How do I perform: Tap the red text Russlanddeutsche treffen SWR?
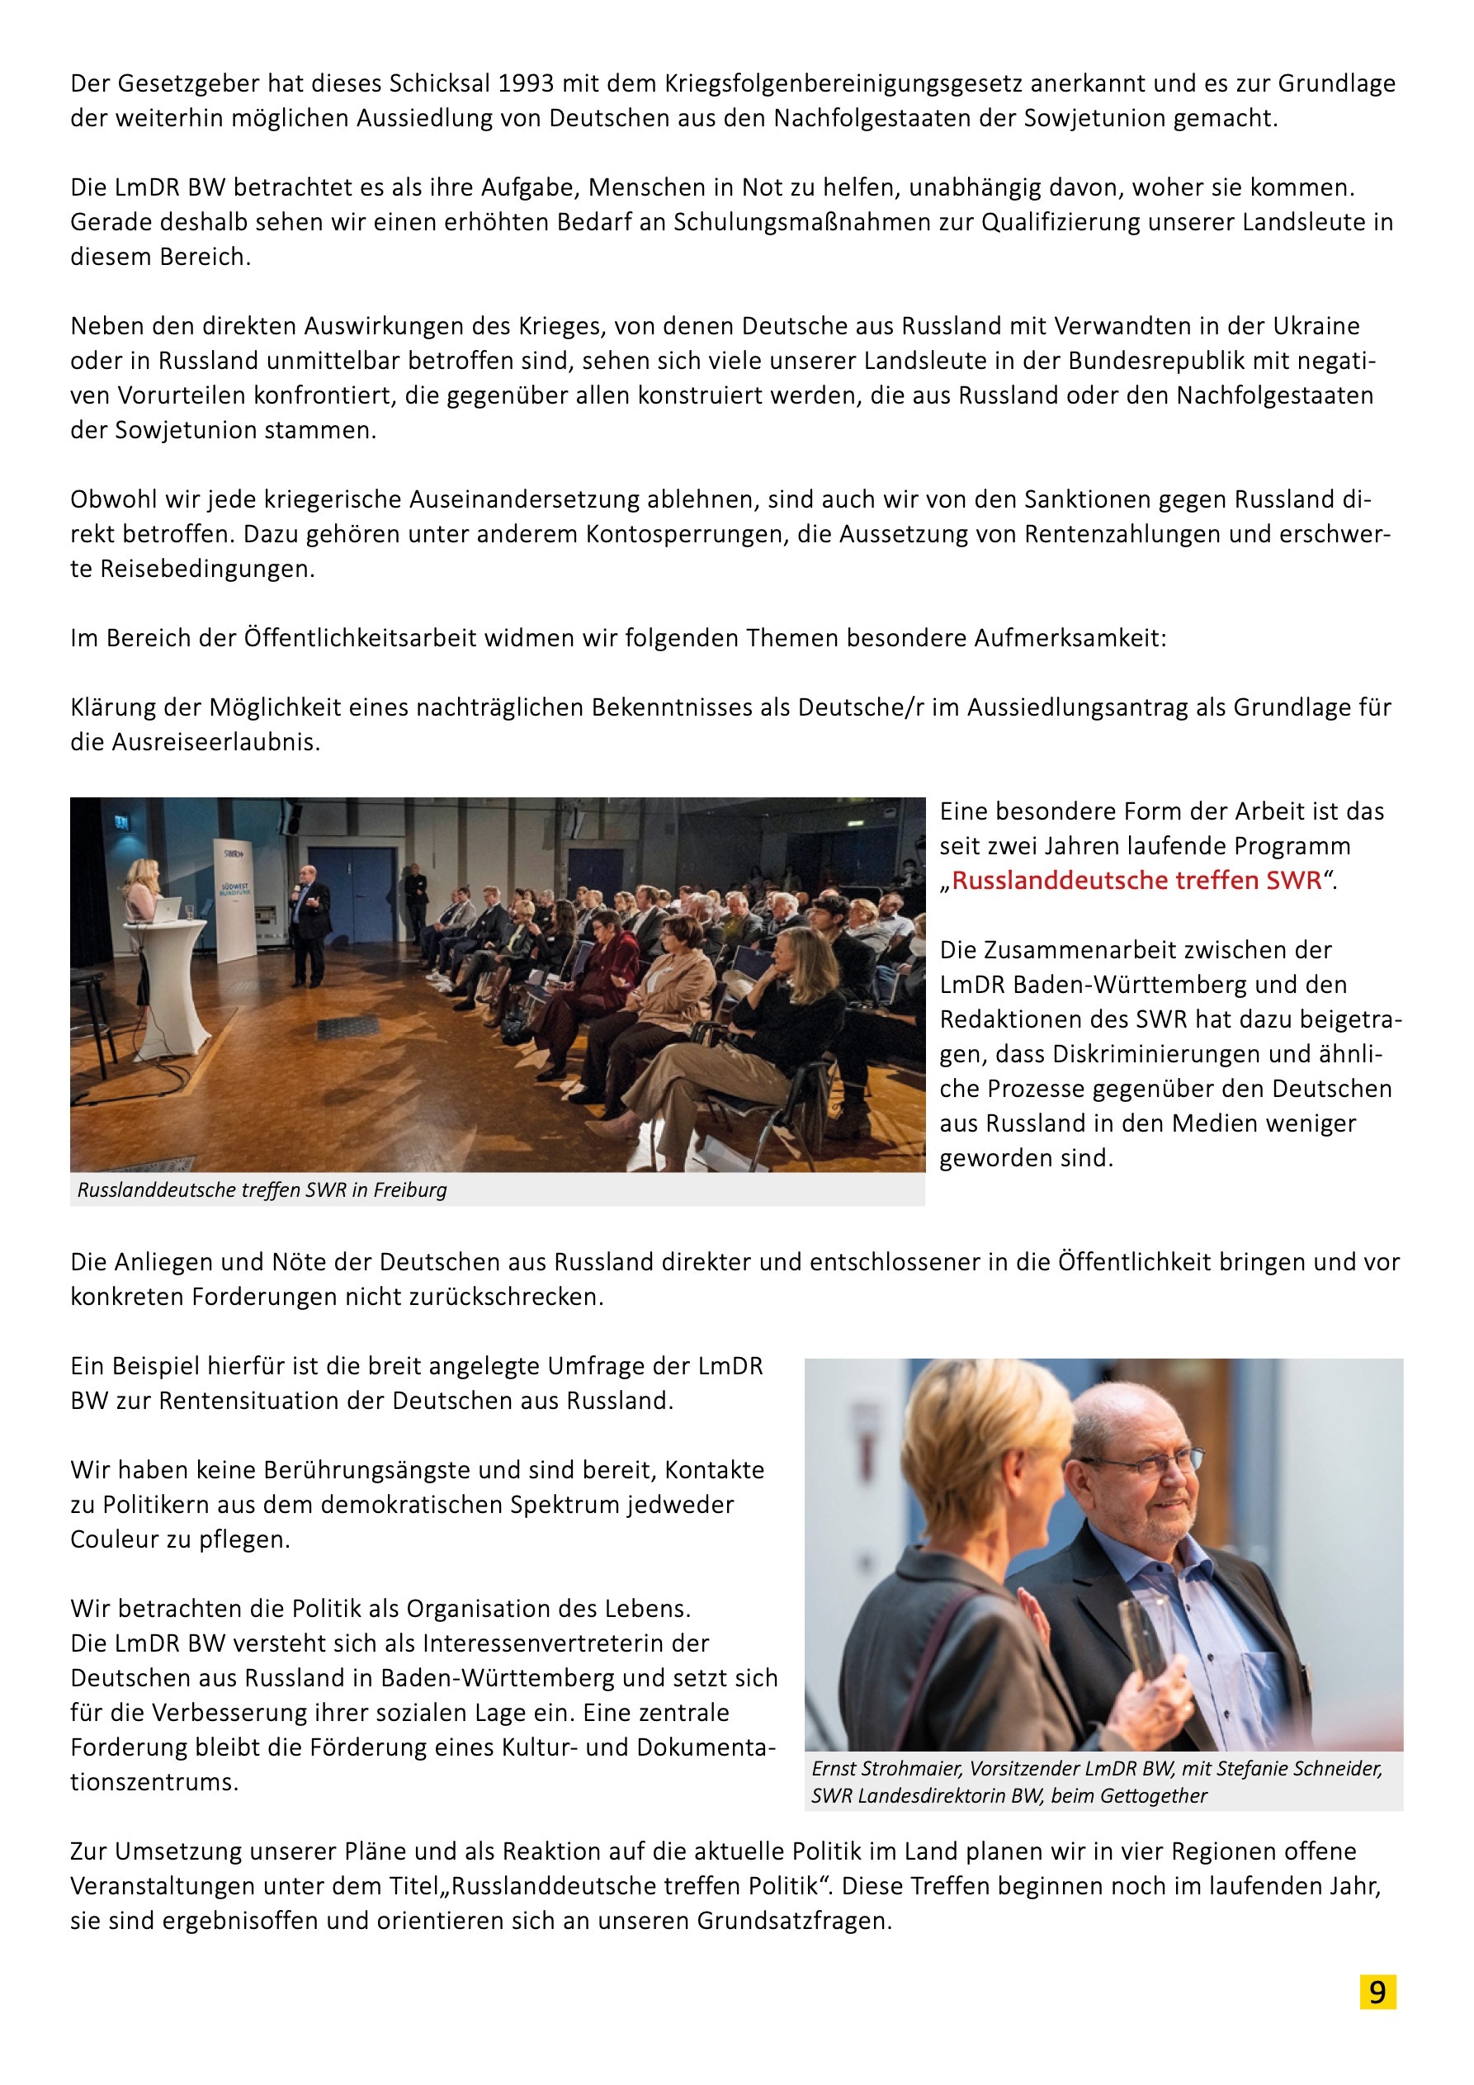coord(1136,880)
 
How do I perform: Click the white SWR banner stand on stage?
coord(234,899)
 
